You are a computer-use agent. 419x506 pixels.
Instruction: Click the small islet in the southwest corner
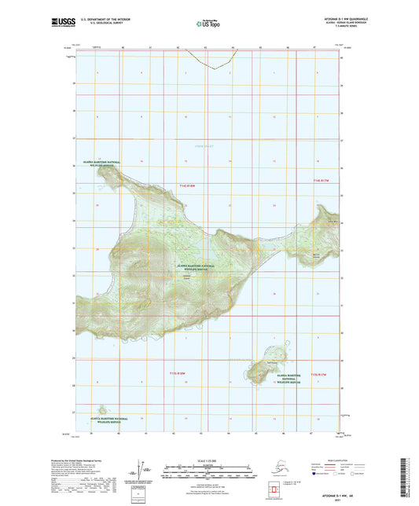point(102,409)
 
